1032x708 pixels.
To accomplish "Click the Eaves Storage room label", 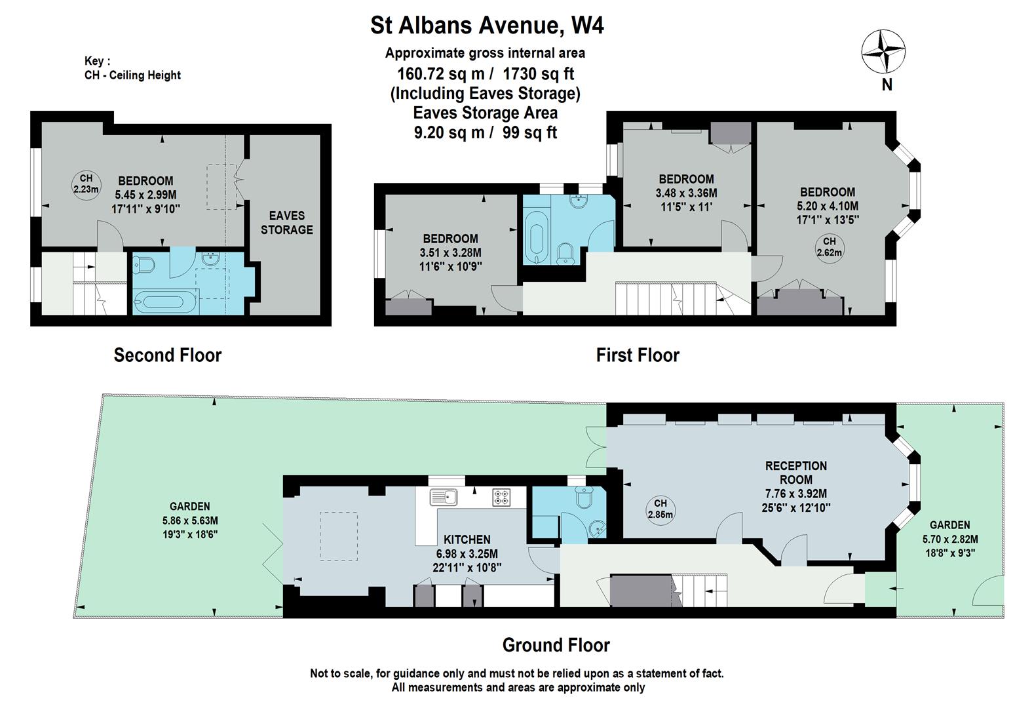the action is click(x=286, y=223).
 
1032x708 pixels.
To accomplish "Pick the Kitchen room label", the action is click(x=467, y=540).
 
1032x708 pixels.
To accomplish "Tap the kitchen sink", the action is click(x=443, y=498).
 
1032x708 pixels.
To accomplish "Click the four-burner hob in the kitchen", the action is click(x=501, y=498).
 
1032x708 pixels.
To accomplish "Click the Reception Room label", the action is click(x=795, y=473).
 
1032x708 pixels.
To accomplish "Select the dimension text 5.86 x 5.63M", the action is click(x=190, y=521).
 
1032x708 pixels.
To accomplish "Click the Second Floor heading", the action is click(x=168, y=355).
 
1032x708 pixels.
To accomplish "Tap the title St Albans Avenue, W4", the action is click(x=487, y=26).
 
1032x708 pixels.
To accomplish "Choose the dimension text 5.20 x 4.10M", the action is click(x=828, y=206).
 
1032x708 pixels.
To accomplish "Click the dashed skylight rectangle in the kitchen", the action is click(x=339, y=536).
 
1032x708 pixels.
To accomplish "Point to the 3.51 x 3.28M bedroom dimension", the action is click(x=450, y=252).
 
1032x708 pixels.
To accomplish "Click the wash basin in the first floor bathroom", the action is click(x=577, y=201).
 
